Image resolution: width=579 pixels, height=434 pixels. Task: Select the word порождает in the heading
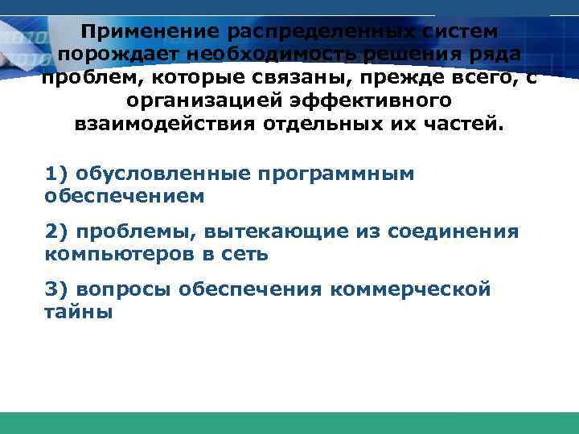coord(116,55)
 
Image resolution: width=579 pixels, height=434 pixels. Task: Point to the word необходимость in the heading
coord(289,55)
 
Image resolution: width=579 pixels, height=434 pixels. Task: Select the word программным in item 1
coord(327,174)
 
